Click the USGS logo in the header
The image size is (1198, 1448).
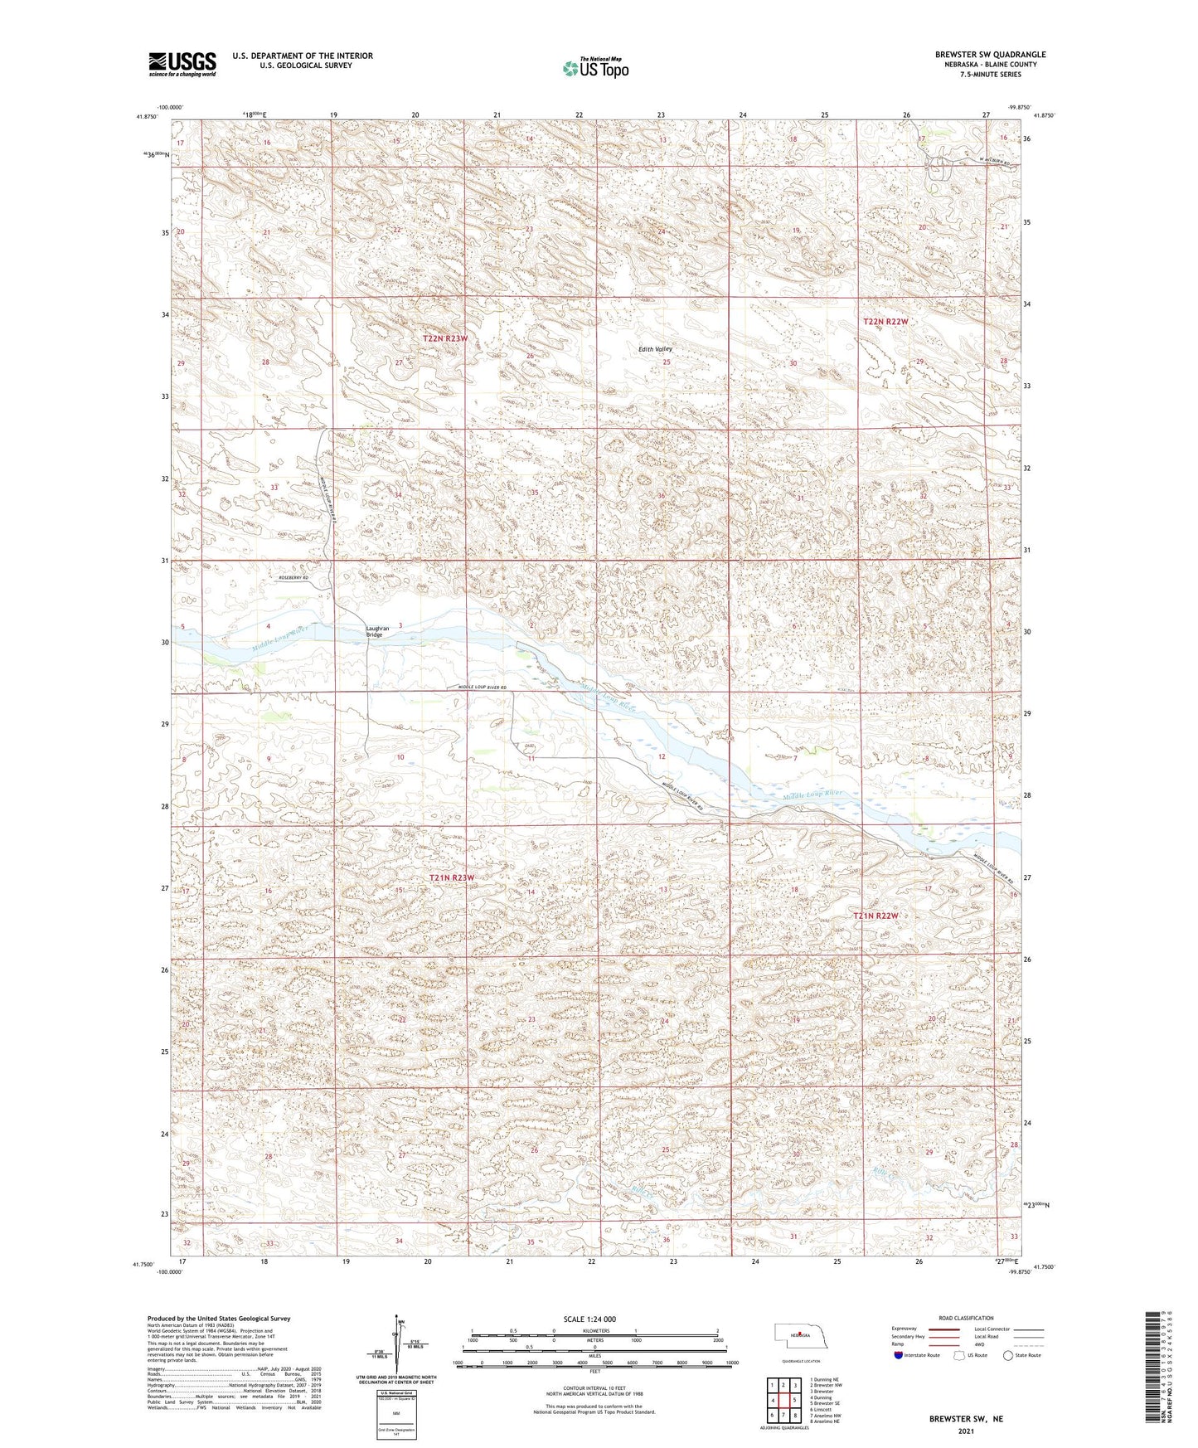(x=182, y=64)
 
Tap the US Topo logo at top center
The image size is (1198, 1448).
(x=594, y=68)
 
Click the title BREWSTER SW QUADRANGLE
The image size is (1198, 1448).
(x=990, y=55)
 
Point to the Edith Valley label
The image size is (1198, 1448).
(x=655, y=349)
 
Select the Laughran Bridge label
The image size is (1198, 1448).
(x=377, y=631)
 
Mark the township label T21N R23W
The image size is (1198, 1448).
(x=452, y=877)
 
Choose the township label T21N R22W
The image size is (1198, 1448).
(x=876, y=916)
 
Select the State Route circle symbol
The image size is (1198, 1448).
(x=1007, y=1355)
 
